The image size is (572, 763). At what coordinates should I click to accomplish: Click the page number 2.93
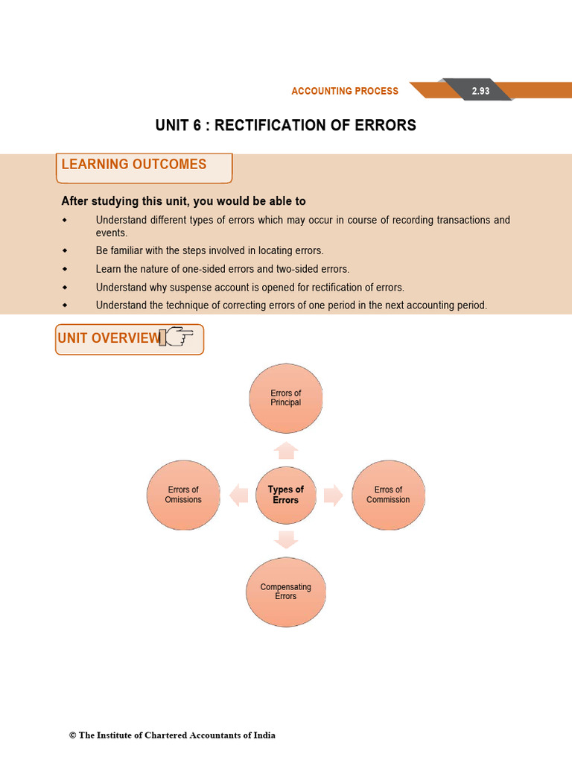(x=480, y=91)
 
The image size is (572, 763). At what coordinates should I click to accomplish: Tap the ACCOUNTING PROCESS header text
(x=345, y=91)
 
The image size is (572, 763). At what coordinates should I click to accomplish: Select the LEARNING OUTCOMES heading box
(x=144, y=167)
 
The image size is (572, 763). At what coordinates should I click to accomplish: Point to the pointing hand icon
(x=179, y=338)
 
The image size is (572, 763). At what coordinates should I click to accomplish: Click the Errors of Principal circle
(x=286, y=398)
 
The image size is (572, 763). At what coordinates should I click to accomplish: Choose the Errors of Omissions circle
(x=183, y=495)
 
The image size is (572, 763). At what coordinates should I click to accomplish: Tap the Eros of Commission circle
(x=388, y=495)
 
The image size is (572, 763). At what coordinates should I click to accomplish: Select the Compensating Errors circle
(x=286, y=592)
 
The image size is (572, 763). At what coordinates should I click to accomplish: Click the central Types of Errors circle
(x=286, y=495)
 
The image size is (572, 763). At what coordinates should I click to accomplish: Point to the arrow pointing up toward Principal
(x=286, y=449)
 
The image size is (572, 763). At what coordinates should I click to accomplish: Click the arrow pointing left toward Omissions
(x=239, y=495)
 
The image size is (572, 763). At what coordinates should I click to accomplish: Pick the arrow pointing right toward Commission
(x=333, y=495)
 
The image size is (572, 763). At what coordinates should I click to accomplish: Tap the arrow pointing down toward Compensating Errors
(x=286, y=539)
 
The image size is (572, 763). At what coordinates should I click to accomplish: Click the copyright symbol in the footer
(x=73, y=735)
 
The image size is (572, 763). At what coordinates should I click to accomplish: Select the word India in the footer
(x=263, y=735)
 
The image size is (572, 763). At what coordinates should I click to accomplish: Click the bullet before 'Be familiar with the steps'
(x=65, y=250)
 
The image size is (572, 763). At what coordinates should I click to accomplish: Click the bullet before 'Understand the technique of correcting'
(x=65, y=305)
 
